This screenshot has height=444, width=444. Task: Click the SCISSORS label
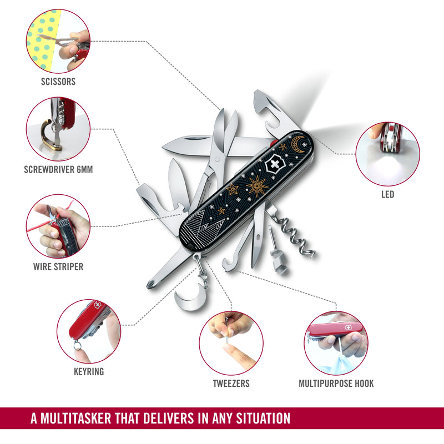[58, 82]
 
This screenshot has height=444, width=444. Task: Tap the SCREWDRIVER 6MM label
[58, 170]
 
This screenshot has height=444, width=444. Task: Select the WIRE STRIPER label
[58, 266]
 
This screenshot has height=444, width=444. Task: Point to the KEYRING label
[89, 371]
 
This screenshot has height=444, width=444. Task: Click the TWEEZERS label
[231, 384]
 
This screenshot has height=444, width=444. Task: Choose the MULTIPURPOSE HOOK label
[336, 384]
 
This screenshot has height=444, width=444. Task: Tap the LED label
[387, 194]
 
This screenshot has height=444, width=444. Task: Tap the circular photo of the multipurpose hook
[336, 342]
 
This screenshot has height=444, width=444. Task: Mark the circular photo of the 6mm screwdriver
[58, 129]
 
